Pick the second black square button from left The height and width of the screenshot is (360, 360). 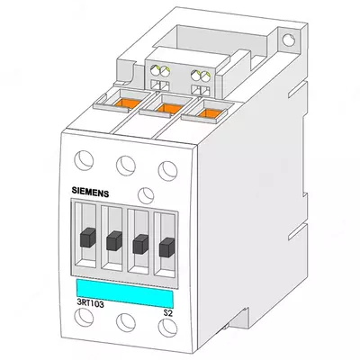pos(113,240)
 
